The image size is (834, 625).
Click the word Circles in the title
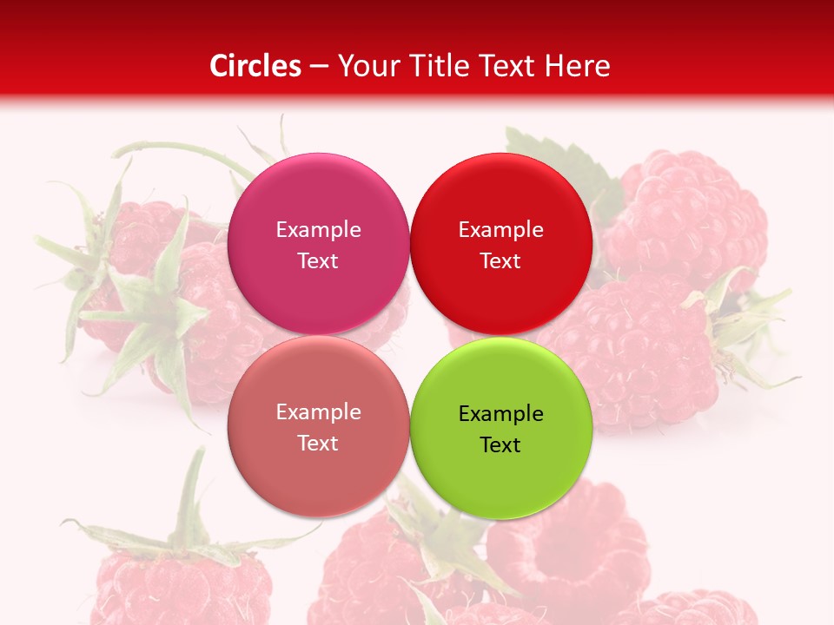[255, 66]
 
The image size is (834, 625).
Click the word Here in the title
[578, 66]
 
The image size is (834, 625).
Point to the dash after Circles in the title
[319, 67]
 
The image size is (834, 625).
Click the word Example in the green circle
[500, 413]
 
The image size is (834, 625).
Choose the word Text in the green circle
[500, 444]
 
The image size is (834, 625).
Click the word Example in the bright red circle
[500, 230]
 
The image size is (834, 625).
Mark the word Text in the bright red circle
[500, 260]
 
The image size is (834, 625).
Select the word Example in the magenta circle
[318, 230]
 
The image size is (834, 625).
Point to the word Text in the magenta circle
[318, 260]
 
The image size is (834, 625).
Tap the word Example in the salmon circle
[318, 412]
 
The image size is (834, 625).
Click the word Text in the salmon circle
[318, 443]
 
